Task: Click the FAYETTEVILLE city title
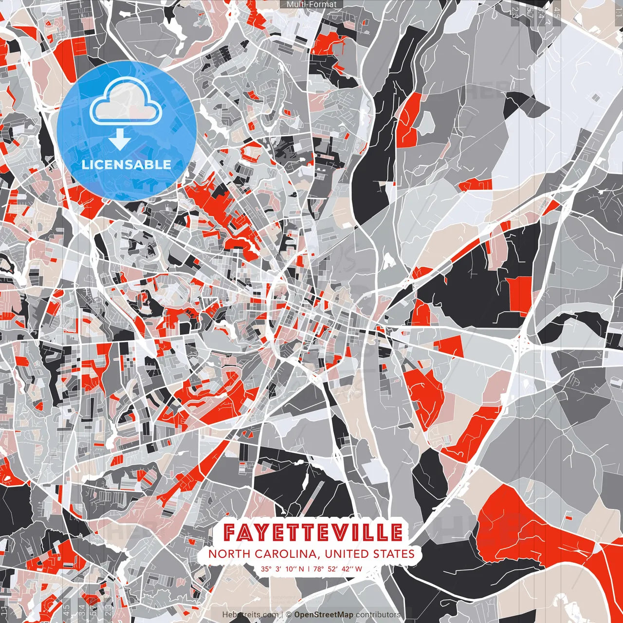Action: pyautogui.click(x=312, y=532)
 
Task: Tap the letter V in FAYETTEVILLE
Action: pyautogui.click(x=344, y=532)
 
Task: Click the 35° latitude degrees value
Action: pyautogui.click(x=266, y=568)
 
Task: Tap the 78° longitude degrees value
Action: pyautogui.click(x=318, y=568)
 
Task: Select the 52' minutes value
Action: pyautogui.click(x=333, y=568)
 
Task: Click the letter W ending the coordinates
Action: pyautogui.click(x=358, y=568)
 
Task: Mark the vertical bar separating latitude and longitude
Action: pyautogui.click(x=309, y=568)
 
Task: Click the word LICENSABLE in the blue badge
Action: pyautogui.click(x=127, y=165)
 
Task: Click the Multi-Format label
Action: pyautogui.click(x=311, y=4)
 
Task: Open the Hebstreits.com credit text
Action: pyautogui.click(x=251, y=615)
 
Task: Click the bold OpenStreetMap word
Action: pyautogui.click(x=324, y=615)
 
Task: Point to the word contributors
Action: pyautogui.click(x=378, y=615)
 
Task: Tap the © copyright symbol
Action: pyautogui.click(x=289, y=615)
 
